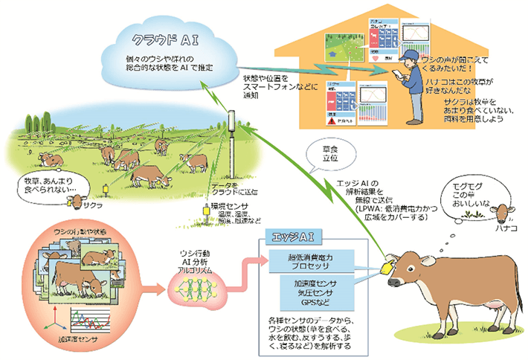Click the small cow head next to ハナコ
click(504, 213)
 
